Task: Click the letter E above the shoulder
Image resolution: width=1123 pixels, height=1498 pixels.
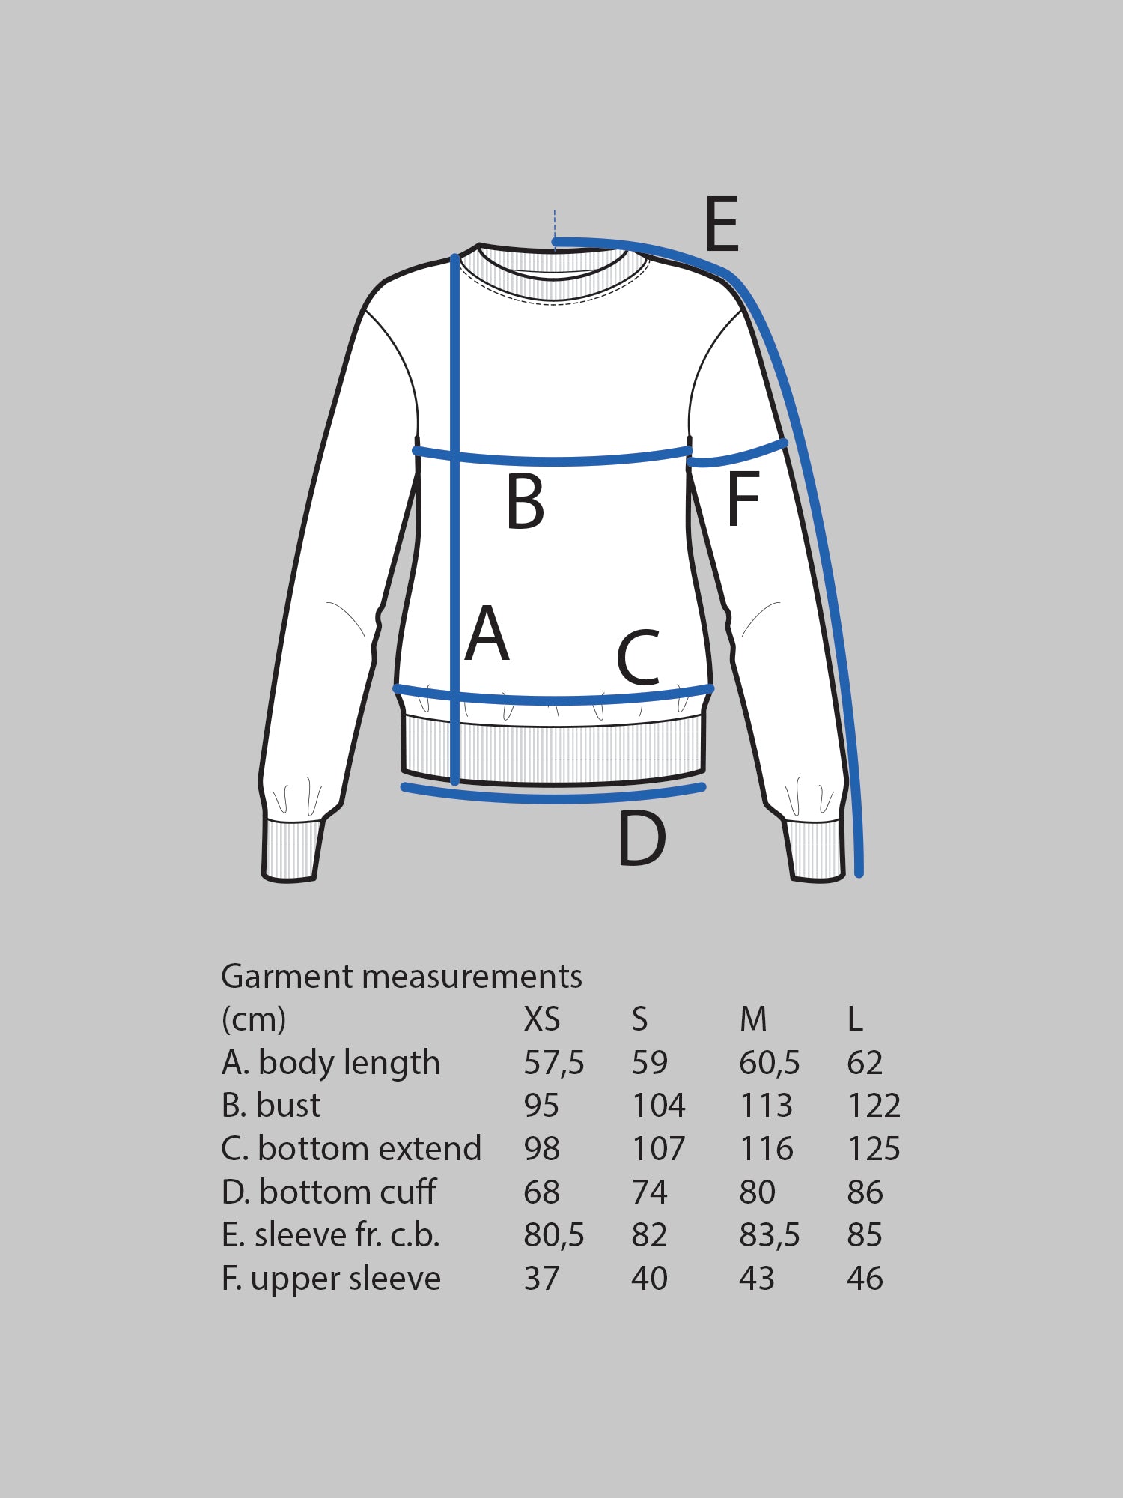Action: (x=722, y=224)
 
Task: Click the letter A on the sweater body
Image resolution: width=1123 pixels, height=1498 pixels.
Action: (x=487, y=634)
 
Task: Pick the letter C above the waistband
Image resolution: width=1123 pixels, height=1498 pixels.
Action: (x=639, y=658)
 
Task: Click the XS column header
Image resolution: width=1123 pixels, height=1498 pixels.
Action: (x=541, y=1019)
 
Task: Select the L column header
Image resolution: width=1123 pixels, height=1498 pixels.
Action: (x=855, y=1019)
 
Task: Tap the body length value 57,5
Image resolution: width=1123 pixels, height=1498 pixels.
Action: (x=553, y=1062)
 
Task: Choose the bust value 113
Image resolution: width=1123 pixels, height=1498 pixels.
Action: (x=766, y=1106)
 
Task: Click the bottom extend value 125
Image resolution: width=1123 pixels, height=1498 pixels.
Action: (x=874, y=1148)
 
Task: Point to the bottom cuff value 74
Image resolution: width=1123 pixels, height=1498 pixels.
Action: (x=649, y=1192)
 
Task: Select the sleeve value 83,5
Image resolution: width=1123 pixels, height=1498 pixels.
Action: (x=769, y=1235)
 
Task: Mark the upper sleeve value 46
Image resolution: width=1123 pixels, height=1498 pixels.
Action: (x=865, y=1279)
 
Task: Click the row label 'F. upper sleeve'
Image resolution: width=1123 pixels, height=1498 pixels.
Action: (x=331, y=1279)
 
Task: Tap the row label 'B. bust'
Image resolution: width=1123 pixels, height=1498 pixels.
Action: (x=271, y=1106)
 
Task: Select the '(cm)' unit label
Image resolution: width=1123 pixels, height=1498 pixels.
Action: (x=254, y=1019)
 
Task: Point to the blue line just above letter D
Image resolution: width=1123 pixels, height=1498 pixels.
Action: (x=554, y=796)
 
